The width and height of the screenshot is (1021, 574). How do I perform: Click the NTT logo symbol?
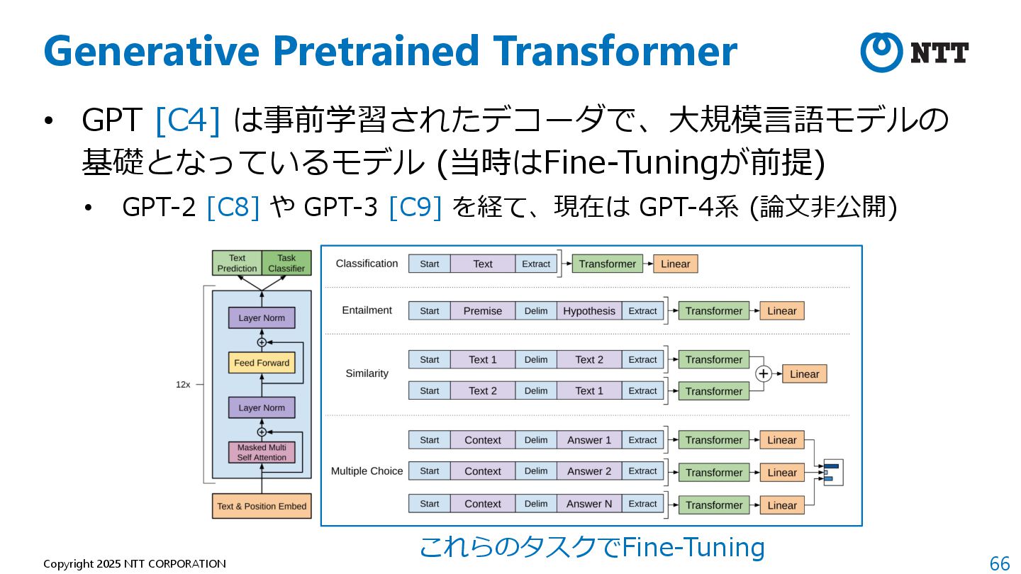[881, 52]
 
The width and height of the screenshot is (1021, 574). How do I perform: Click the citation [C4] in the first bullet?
[187, 120]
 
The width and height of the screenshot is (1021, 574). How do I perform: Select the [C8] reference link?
[233, 207]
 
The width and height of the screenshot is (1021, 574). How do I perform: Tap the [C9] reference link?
[415, 207]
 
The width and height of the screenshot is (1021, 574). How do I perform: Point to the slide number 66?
[1000, 563]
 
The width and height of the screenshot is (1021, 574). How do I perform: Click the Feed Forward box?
[262, 363]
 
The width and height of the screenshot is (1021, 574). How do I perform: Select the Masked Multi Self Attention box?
[262, 452]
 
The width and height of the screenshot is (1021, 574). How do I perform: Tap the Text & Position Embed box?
[262, 506]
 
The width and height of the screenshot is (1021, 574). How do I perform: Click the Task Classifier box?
[286, 263]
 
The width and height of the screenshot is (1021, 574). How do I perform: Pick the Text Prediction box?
[237, 263]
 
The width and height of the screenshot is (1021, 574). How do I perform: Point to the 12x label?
[183, 384]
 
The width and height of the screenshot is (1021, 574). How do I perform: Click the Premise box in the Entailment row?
[482, 310]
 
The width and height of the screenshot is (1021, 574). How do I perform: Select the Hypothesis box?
[589, 310]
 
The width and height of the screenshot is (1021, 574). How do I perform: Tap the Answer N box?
[589, 504]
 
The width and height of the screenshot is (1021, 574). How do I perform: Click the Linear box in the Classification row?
[675, 264]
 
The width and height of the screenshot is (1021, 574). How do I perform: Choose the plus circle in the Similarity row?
[763, 374]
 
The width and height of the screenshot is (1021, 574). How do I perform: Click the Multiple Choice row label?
[367, 471]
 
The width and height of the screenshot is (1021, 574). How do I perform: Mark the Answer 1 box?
[589, 440]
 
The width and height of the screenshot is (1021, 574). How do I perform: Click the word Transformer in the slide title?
[615, 51]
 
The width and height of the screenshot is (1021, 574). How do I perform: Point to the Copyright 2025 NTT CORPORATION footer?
[135, 564]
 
